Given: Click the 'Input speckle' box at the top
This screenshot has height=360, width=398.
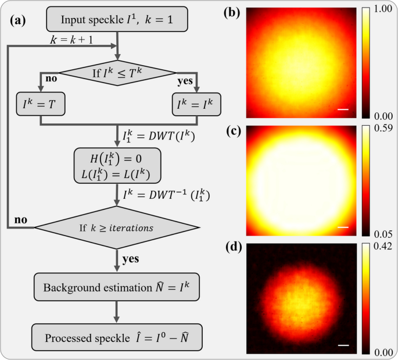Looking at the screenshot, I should [118, 20].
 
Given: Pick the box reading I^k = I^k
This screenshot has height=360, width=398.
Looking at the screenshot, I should [197, 106].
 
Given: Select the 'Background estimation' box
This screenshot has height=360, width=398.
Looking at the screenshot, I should [119, 288].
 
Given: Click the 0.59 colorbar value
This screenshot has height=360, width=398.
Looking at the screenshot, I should [384, 128].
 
